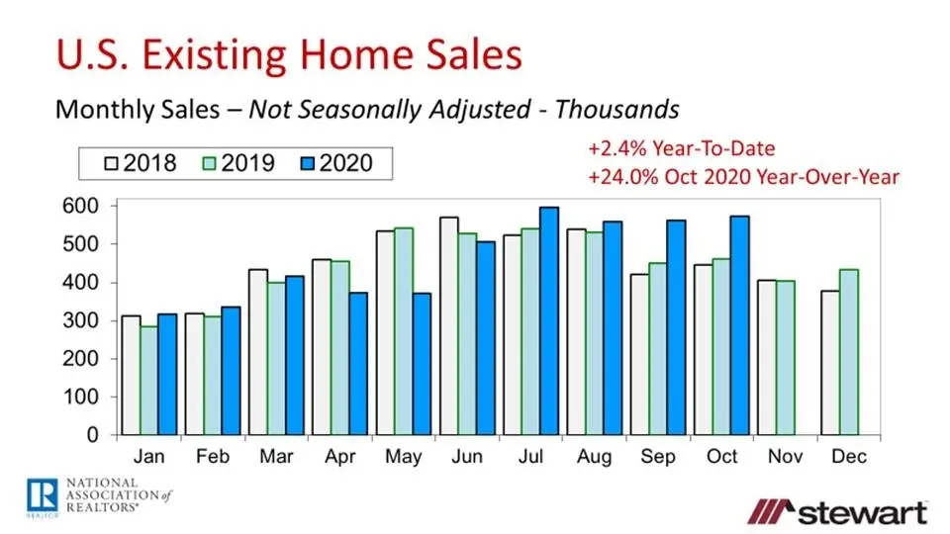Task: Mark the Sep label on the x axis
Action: pyautogui.click(x=657, y=458)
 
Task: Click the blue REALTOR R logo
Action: pyautogui.click(x=41, y=492)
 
